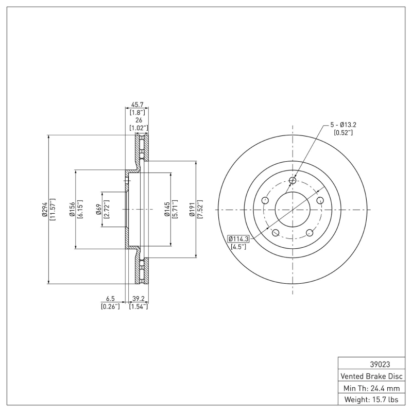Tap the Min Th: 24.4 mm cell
pos(371,387)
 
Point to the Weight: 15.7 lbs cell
pos(371,399)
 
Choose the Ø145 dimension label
pos(168,210)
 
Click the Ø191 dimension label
pos(192,210)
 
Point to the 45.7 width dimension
pos(138,104)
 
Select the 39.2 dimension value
pos(138,299)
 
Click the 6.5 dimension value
pos(110,299)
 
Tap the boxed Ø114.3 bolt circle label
pos(238,238)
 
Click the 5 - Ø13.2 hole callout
pos(344,125)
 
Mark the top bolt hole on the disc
pos(293,180)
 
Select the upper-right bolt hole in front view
pos(320,200)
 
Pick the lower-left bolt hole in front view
pos(276,233)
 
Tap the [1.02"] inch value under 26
pos(138,127)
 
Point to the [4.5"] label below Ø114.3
pos(238,247)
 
